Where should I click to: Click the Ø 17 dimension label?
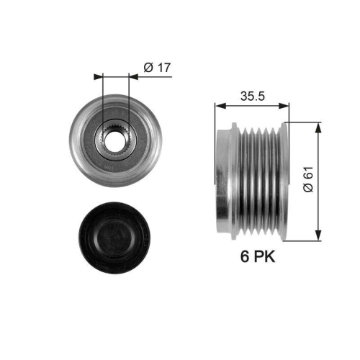pos(156,68)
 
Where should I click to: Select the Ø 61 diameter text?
pos(307,179)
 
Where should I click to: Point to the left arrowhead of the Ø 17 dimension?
pos(99,74)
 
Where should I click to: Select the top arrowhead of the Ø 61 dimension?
pos(318,125)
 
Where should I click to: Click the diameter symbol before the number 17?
pos(148,68)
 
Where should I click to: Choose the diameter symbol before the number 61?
pos(307,189)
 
